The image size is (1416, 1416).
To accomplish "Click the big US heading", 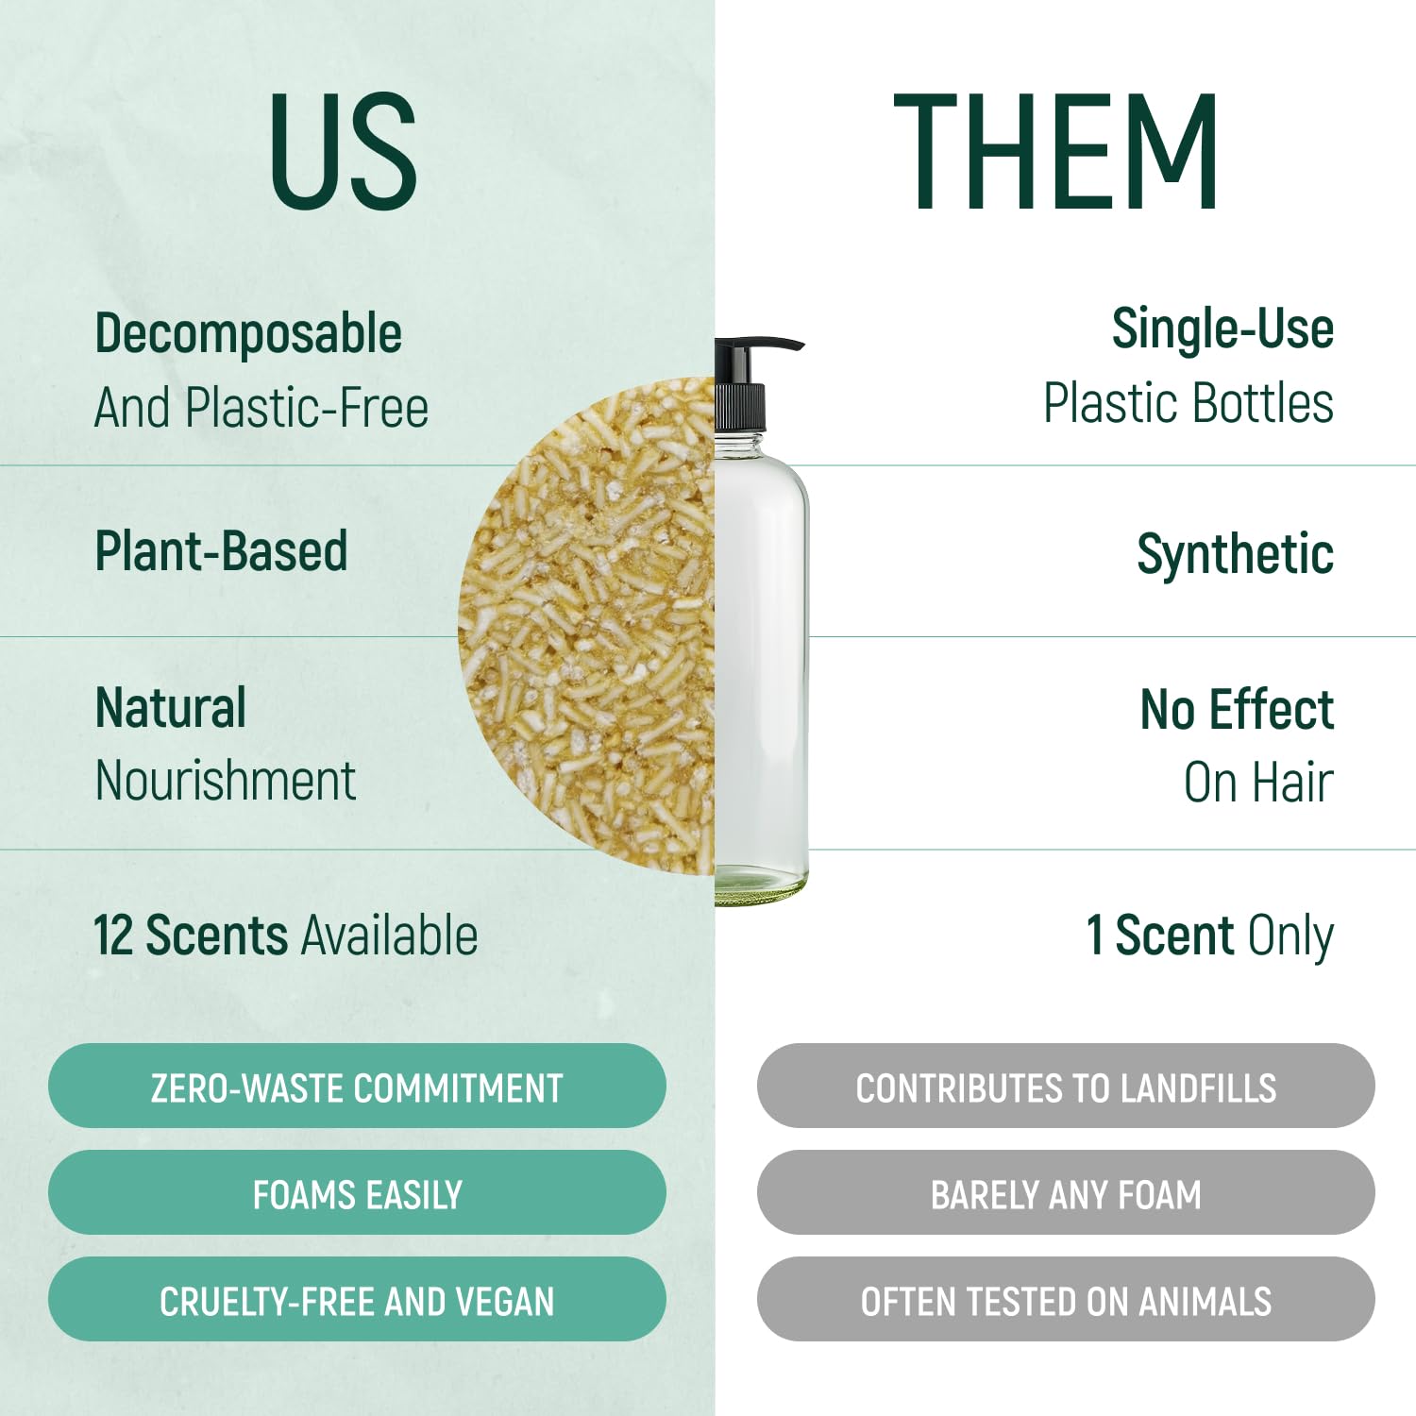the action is tap(344, 151).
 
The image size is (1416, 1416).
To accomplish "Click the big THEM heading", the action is tap(1055, 151).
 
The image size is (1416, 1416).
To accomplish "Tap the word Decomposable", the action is tap(248, 334).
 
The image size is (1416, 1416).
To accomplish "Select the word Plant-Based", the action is tap(222, 551).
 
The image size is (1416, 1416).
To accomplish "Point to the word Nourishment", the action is tap(226, 782).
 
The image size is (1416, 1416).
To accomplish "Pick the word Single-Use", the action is tap(1222, 329).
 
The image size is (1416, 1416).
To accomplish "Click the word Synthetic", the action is tap(1235, 554).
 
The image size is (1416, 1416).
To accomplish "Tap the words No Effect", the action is tap(1237, 710).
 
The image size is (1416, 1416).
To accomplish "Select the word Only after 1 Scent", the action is tap(1290, 937).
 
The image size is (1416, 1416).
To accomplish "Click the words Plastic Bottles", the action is tap(1188, 404).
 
